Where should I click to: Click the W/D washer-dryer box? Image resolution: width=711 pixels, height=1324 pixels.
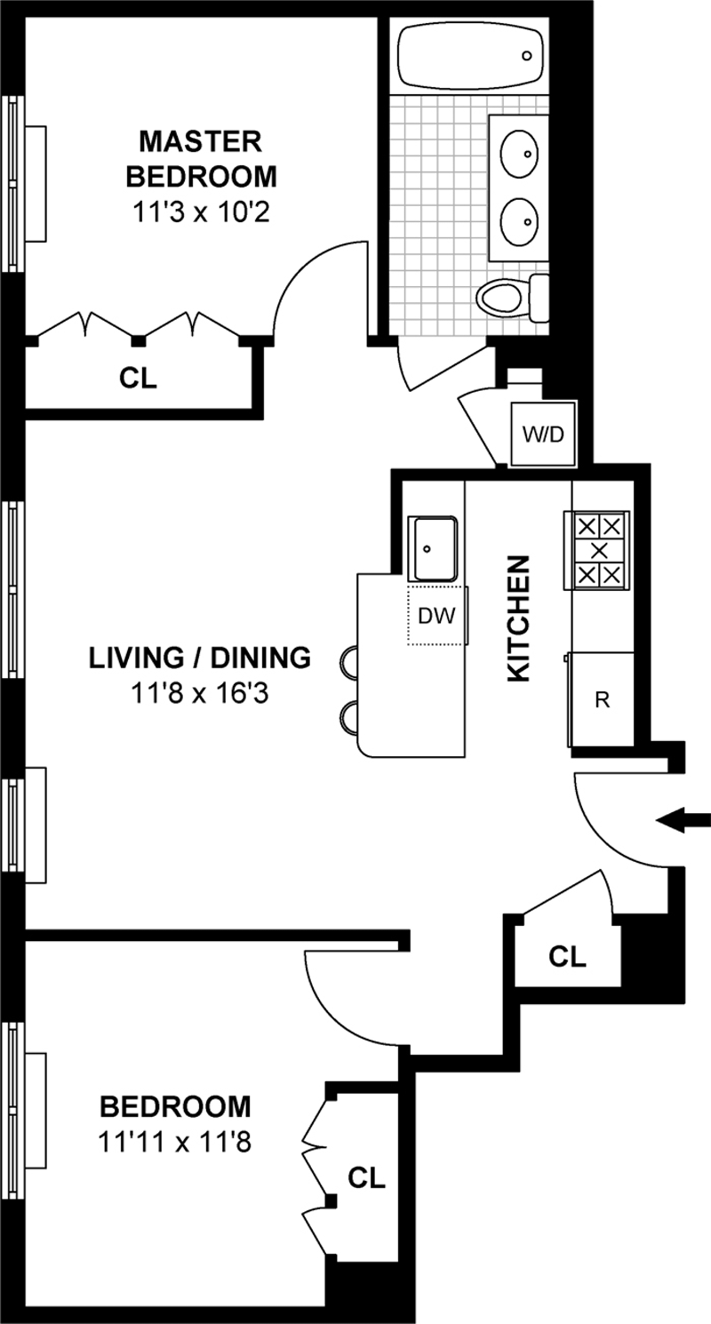pyautogui.click(x=543, y=434)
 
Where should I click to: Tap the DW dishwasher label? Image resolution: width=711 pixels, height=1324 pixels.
pyautogui.click(x=436, y=616)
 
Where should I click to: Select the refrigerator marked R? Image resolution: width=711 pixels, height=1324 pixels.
pyautogui.click(x=601, y=699)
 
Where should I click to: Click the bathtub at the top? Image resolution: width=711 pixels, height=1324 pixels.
pyautogui.click(x=471, y=57)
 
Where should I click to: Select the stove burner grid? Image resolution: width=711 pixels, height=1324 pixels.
pyautogui.click(x=598, y=550)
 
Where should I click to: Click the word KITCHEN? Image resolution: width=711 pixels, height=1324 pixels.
pyautogui.click(x=519, y=618)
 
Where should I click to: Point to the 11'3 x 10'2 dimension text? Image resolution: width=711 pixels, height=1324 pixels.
pyautogui.click(x=202, y=212)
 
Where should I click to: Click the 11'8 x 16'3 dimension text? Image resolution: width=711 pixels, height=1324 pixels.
pyautogui.click(x=200, y=693)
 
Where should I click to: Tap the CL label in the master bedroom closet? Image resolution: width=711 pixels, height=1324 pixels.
pyautogui.click(x=138, y=379)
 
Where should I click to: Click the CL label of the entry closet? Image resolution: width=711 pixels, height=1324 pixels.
pyautogui.click(x=567, y=956)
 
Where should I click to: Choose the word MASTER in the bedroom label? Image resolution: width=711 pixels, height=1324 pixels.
pyautogui.click(x=200, y=142)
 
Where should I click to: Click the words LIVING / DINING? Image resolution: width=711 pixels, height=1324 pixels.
pyautogui.click(x=200, y=658)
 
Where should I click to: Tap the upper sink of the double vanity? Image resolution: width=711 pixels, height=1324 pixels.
pyautogui.click(x=519, y=153)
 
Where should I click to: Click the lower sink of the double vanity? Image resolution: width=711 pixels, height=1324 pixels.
pyautogui.click(x=519, y=221)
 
